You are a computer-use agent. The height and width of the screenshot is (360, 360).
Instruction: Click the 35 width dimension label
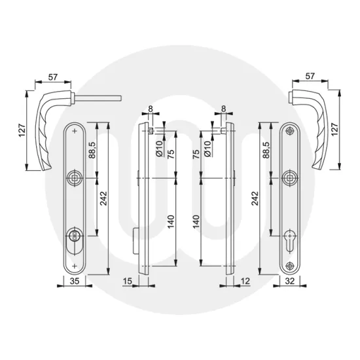point(75,280)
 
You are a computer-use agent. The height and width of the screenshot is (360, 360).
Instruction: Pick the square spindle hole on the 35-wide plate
point(75,176)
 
